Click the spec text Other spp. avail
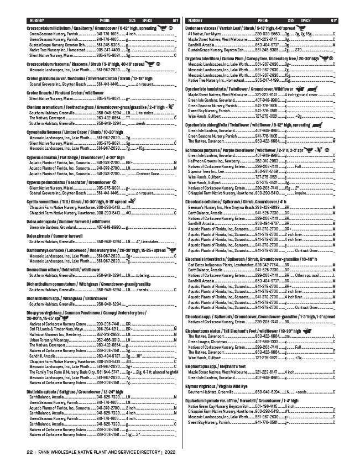click(307, 275)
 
